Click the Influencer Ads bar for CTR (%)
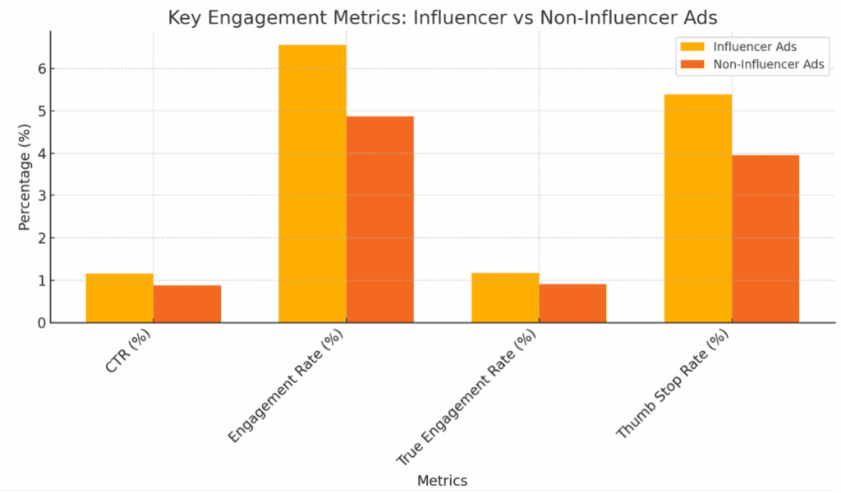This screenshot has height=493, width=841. coord(119,298)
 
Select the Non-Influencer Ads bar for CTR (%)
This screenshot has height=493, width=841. coord(186,304)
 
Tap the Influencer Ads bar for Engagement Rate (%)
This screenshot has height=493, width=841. coord(312,184)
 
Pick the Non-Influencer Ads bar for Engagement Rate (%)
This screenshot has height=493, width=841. coord(379,220)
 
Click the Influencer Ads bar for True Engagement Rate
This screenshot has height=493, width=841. coord(505,298)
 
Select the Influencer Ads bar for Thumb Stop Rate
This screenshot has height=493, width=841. coord(698,208)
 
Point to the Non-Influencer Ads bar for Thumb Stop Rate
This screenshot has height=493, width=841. coord(765,239)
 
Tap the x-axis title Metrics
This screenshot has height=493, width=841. coord(442,480)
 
